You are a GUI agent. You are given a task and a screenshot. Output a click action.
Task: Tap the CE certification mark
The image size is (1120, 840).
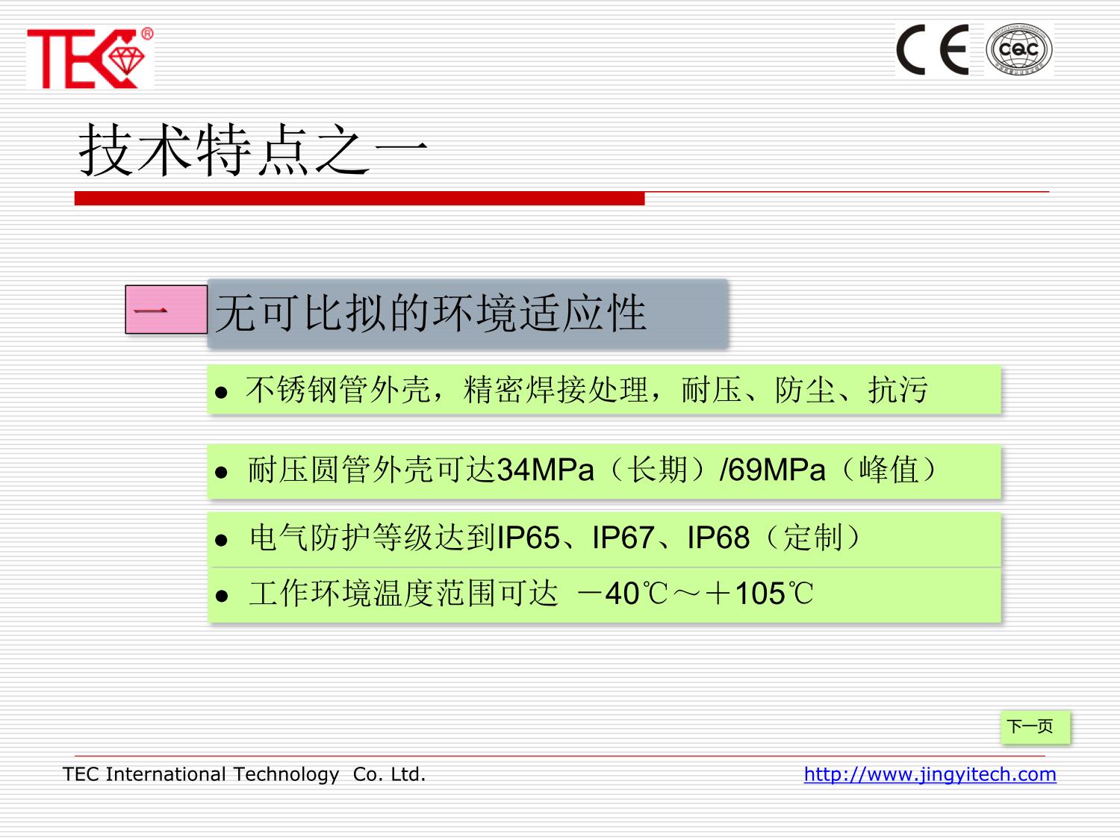point(933,49)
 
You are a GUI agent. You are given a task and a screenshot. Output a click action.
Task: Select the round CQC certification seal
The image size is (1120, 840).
point(1019,49)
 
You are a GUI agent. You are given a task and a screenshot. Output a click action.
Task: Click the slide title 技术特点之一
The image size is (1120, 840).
point(253,150)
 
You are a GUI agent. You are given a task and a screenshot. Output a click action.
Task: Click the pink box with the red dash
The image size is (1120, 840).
point(167,309)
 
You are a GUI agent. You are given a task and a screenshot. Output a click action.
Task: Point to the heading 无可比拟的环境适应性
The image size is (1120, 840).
point(431,313)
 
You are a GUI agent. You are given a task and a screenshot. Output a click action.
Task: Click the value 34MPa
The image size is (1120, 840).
point(546,469)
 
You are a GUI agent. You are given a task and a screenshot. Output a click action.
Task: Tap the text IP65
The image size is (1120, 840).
point(528,538)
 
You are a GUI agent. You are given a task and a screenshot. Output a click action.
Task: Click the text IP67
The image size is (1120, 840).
point(623,538)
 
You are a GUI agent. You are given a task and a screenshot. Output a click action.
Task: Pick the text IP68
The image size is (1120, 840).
point(718,538)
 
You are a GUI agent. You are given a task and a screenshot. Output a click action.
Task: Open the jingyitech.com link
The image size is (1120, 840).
point(930,774)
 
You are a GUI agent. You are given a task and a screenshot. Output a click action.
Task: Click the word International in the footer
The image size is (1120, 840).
point(166,774)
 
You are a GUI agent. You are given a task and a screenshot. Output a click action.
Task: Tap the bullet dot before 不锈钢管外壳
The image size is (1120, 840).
point(221,392)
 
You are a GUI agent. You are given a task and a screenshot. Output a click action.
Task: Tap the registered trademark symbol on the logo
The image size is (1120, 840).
point(147,34)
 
